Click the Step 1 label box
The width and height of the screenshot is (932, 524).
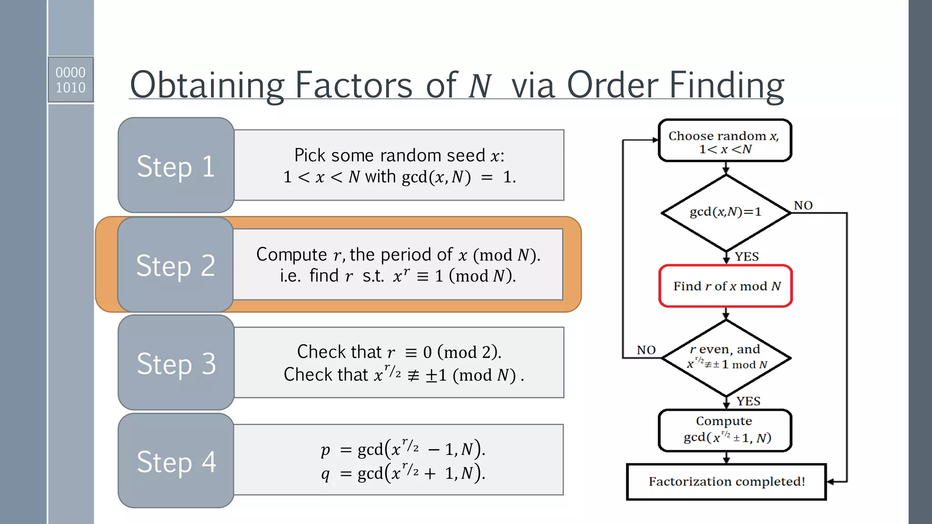click(x=176, y=166)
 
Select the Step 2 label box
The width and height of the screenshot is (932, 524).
click(x=176, y=265)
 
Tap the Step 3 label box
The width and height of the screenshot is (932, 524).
click(x=176, y=363)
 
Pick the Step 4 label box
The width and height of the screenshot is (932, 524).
click(x=176, y=461)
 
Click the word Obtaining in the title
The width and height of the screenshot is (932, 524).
click(x=207, y=85)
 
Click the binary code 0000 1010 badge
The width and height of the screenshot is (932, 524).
click(x=71, y=80)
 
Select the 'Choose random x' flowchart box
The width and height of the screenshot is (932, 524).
click(x=725, y=141)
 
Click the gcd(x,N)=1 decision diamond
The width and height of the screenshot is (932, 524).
click(x=725, y=212)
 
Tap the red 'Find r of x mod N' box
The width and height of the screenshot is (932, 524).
click(x=725, y=286)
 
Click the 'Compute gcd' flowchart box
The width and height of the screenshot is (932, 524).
click(x=725, y=430)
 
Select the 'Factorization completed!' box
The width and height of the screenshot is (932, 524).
click(x=726, y=482)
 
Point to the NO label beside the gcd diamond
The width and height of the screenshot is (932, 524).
click(x=803, y=206)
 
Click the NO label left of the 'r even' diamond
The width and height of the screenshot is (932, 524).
click(x=646, y=350)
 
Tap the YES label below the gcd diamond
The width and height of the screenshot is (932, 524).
click(x=747, y=257)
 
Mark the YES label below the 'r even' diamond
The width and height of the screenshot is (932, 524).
click(x=749, y=401)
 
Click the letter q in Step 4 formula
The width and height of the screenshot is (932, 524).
click(x=325, y=474)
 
